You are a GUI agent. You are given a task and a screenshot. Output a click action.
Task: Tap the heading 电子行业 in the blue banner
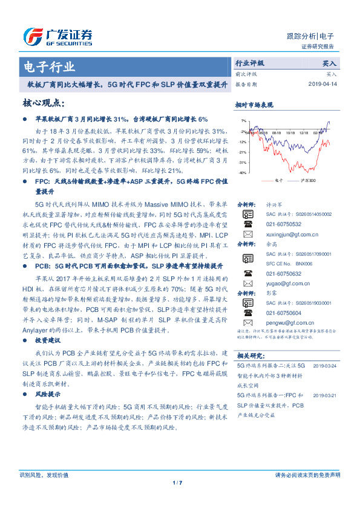(x=49, y=66)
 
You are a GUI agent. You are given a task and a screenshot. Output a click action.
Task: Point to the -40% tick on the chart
(x=241, y=172)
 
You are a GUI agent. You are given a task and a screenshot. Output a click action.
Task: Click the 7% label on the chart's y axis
(x=243, y=120)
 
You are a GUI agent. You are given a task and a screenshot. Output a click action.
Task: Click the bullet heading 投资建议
(x=48, y=342)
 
